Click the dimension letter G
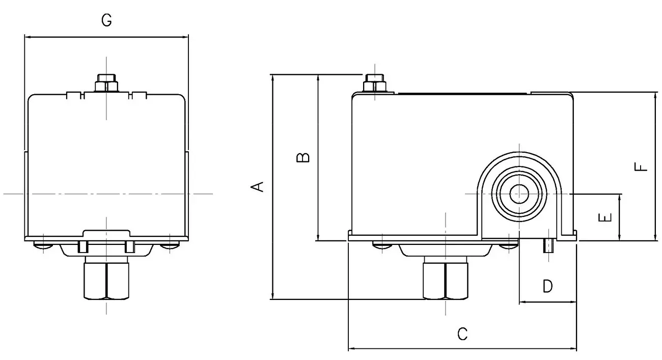point(106,20)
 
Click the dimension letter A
point(259,187)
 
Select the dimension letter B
point(303,157)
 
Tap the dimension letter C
point(462,334)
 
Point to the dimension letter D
point(547,287)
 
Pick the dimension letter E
point(604,218)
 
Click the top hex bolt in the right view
point(374,82)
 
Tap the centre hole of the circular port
point(519,193)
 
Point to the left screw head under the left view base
point(43,246)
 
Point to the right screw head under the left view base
point(170,246)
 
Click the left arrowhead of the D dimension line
point(521,302)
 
